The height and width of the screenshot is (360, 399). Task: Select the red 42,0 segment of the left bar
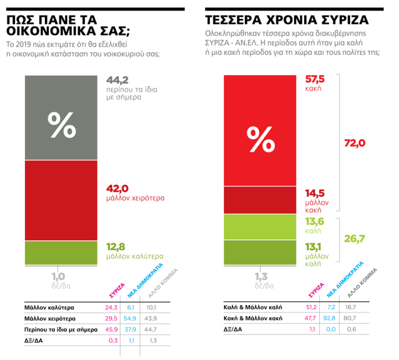pos(61,200)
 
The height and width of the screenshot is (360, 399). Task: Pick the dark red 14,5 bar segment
pos(261,200)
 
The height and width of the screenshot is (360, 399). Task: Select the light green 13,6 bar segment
pos(261,227)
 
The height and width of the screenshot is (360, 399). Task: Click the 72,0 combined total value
pos(355,143)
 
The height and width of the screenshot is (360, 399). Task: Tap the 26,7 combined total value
pos(355,238)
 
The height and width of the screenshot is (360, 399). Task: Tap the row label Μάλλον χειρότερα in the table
pos(50,319)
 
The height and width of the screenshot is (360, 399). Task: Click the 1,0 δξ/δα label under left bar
pos(61,280)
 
